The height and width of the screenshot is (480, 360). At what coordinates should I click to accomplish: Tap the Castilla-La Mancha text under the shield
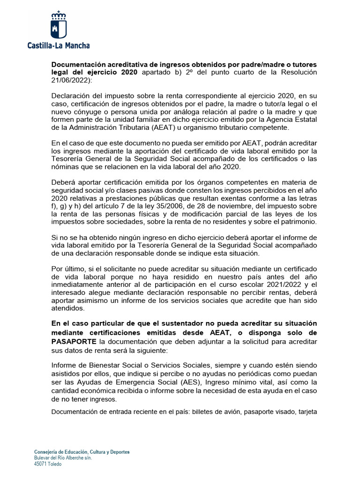click(58, 45)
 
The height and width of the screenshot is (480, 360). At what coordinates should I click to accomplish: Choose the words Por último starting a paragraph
click(68, 269)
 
